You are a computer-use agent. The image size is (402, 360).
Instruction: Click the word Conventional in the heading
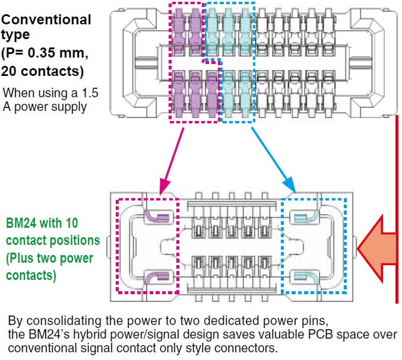pyautogui.click(x=47, y=20)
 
